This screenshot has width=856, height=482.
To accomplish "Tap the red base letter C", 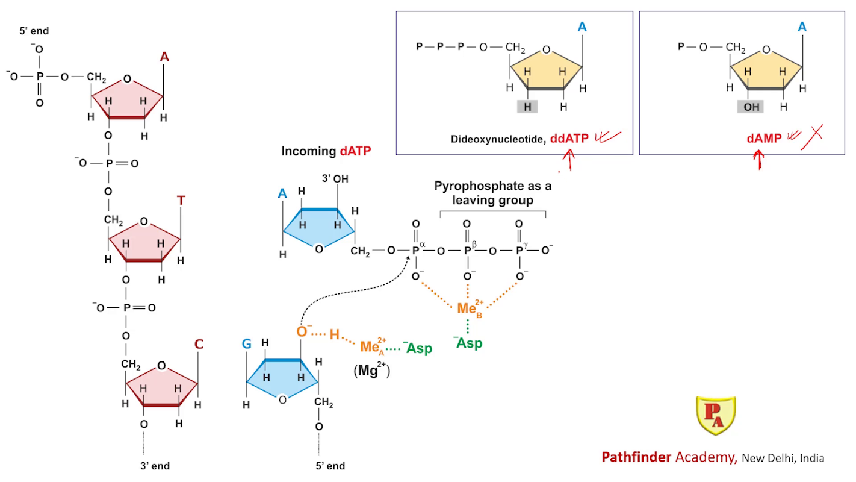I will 199,345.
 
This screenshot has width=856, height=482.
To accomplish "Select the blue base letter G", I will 247,344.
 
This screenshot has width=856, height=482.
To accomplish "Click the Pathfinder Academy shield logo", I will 716,416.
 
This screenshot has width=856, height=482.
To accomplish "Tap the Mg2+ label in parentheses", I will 371,371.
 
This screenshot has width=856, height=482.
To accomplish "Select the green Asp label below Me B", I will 468,343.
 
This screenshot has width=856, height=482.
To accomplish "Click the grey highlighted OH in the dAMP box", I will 752,107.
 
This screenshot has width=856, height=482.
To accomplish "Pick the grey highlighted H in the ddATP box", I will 527,107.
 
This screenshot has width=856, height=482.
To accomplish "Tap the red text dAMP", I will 764,139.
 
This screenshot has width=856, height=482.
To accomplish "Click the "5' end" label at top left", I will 34,31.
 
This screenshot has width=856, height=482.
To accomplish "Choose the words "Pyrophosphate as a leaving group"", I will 492,193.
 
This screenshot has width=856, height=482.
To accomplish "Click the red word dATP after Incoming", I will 355,152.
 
